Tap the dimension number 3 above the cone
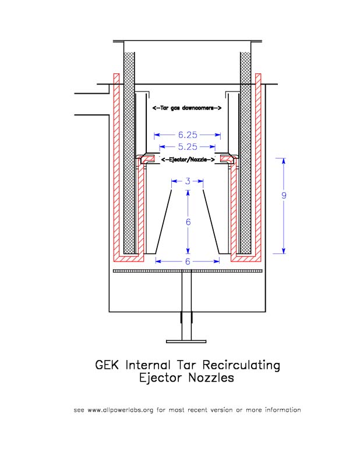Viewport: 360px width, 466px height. click(x=187, y=182)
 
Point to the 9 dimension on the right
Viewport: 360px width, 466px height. click(x=284, y=196)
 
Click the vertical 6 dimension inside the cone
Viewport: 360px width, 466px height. click(x=188, y=223)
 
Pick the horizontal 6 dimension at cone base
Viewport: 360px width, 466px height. click(x=187, y=262)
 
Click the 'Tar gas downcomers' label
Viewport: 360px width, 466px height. click(x=186, y=108)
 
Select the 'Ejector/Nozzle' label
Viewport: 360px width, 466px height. click(x=188, y=159)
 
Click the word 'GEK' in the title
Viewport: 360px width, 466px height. click(x=109, y=365)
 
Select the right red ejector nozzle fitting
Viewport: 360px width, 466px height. click(x=228, y=158)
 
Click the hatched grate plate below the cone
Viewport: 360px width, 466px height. click(x=187, y=271)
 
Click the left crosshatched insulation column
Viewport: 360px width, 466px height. click(x=129, y=151)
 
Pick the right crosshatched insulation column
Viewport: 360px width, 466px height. click(x=245, y=151)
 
